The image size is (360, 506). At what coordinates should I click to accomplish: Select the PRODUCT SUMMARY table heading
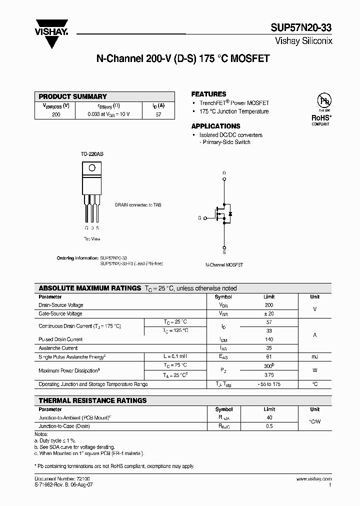coord(73,96)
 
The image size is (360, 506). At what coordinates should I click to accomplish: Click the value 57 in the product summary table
coord(158,114)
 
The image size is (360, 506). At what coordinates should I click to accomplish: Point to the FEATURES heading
coord(208,94)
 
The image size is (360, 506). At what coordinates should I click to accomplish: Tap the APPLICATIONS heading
coord(215,126)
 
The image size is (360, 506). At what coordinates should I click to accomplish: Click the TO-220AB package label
coord(92,155)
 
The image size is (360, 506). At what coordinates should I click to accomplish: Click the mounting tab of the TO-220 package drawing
coord(91,169)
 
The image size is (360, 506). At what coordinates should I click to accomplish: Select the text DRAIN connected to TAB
coord(138,205)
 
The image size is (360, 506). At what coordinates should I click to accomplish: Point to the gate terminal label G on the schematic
coord(199,218)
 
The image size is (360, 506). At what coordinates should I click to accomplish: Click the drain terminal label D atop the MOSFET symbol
coord(224,173)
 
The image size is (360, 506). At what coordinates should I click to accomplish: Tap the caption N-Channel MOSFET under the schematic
coord(224,265)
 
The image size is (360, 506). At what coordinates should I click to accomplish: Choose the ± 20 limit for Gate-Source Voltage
coord(269,313)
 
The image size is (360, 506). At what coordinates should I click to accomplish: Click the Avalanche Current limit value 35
coord(269,348)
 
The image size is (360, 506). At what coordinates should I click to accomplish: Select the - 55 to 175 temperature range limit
coord(269,384)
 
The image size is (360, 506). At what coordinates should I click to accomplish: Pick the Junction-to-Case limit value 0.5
coord(269,426)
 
